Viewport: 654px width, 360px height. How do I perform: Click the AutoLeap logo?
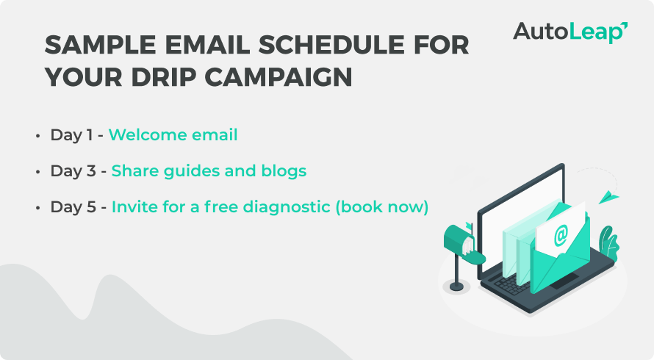click(570, 32)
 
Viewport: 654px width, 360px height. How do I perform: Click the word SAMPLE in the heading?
click(100, 45)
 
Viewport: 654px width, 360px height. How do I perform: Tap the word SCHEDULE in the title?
click(331, 45)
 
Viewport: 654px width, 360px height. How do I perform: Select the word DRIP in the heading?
click(163, 77)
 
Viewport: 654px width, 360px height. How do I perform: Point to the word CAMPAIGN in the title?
click(279, 77)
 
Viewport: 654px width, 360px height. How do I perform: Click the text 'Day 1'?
click(71, 135)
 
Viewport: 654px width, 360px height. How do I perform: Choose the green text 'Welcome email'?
click(173, 134)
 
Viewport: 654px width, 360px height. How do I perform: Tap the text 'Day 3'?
click(73, 171)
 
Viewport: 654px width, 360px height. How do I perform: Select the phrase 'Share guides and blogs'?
click(209, 171)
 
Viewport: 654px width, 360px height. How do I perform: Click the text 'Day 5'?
click(73, 207)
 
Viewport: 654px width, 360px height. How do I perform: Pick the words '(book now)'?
click(382, 207)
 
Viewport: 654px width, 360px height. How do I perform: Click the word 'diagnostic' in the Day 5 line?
click(287, 207)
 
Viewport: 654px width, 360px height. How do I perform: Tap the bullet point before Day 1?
click(38, 136)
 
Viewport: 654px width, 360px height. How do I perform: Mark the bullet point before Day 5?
click(38, 207)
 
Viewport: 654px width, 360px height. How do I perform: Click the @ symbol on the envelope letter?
click(561, 235)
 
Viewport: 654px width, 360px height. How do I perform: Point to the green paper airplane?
click(608, 197)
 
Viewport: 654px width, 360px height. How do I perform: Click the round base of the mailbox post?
click(456, 287)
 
